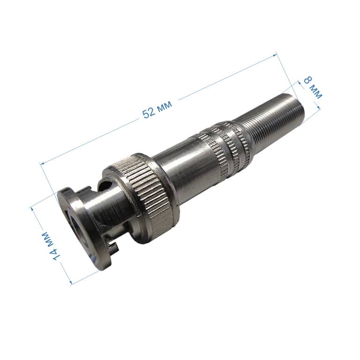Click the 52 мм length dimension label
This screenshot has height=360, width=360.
click(x=157, y=109)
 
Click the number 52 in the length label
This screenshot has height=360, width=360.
click(x=149, y=113)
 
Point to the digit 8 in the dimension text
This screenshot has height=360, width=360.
click(x=308, y=80)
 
